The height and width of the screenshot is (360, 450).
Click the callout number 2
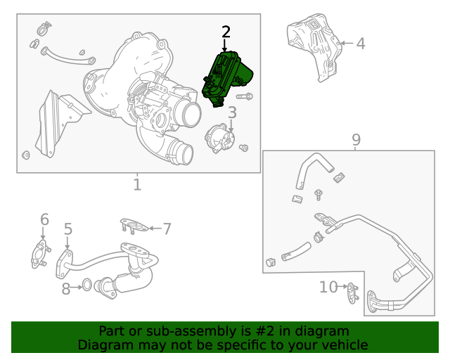pos(226,32)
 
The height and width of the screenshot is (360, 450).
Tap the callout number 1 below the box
pos(137,185)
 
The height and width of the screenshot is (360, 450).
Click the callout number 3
pos(232,112)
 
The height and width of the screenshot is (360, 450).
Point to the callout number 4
pos(361,44)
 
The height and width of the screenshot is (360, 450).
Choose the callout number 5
pos(68,229)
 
